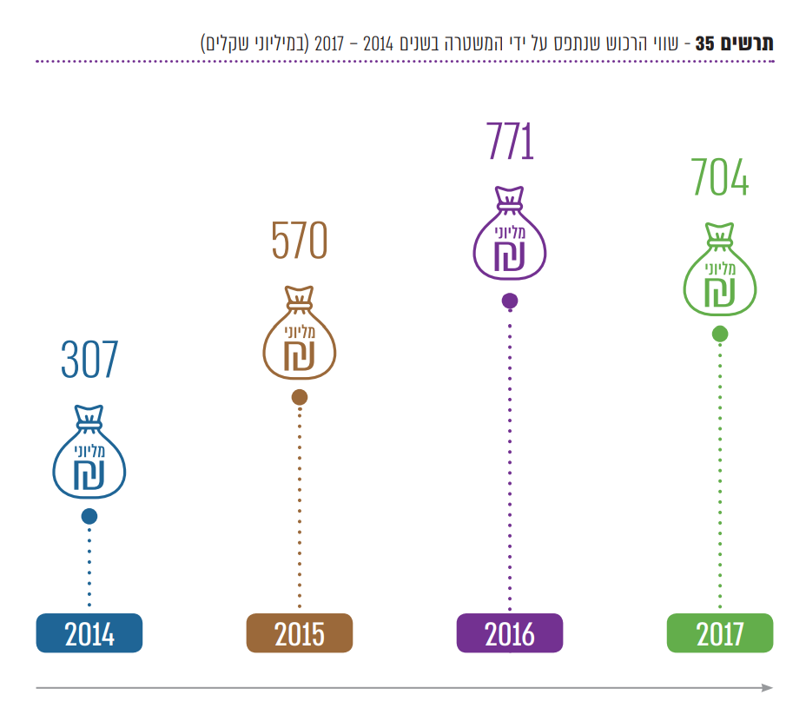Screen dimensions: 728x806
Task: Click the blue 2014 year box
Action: click(x=89, y=633)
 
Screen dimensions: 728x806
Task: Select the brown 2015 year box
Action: click(x=300, y=633)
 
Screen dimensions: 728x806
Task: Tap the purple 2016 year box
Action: click(x=510, y=633)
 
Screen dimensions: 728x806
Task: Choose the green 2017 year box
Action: click(x=720, y=633)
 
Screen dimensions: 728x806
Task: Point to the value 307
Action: click(x=89, y=360)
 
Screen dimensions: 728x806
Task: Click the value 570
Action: click(x=300, y=241)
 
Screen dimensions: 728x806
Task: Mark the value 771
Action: click(x=510, y=142)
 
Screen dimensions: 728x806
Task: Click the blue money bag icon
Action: click(x=89, y=453)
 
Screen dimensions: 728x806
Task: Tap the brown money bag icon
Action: click(x=300, y=334)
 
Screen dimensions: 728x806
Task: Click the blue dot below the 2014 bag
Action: click(x=89, y=516)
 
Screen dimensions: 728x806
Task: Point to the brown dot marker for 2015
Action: click(x=300, y=397)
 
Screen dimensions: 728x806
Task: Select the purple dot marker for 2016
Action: click(x=510, y=301)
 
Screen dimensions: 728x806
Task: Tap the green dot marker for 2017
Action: click(x=720, y=334)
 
